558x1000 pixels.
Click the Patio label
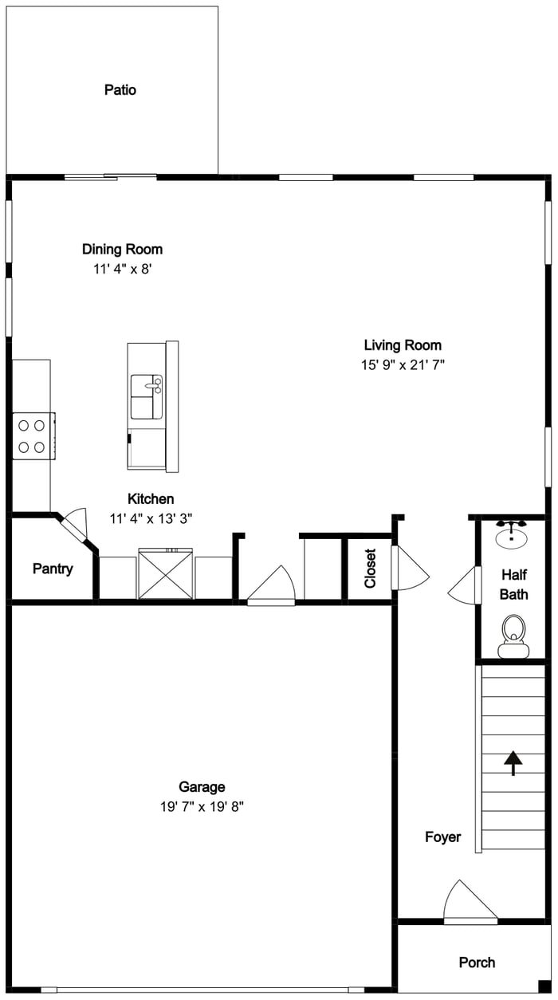pyautogui.click(x=120, y=90)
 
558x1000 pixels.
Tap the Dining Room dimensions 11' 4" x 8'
pyautogui.click(x=123, y=270)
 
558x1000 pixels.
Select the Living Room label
pyautogui.click(x=403, y=345)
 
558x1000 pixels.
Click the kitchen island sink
pyautogui.click(x=147, y=397)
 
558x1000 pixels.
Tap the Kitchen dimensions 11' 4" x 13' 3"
pyautogui.click(x=151, y=519)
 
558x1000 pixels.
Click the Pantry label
pyautogui.click(x=53, y=569)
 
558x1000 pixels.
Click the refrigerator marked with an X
pyautogui.click(x=166, y=574)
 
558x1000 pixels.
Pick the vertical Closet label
pyautogui.click(x=370, y=568)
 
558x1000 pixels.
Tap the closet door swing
pyautogui.click(x=410, y=568)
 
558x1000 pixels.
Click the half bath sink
pyautogui.click(x=512, y=534)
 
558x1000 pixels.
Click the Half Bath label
pyautogui.click(x=514, y=585)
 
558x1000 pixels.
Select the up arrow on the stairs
pyautogui.click(x=513, y=763)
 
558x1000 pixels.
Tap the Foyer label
pyautogui.click(x=443, y=837)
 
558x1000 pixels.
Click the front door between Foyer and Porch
pyautogui.click(x=470, y=903)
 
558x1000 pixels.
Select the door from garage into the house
pyautogui.click(x=271, y=585)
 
